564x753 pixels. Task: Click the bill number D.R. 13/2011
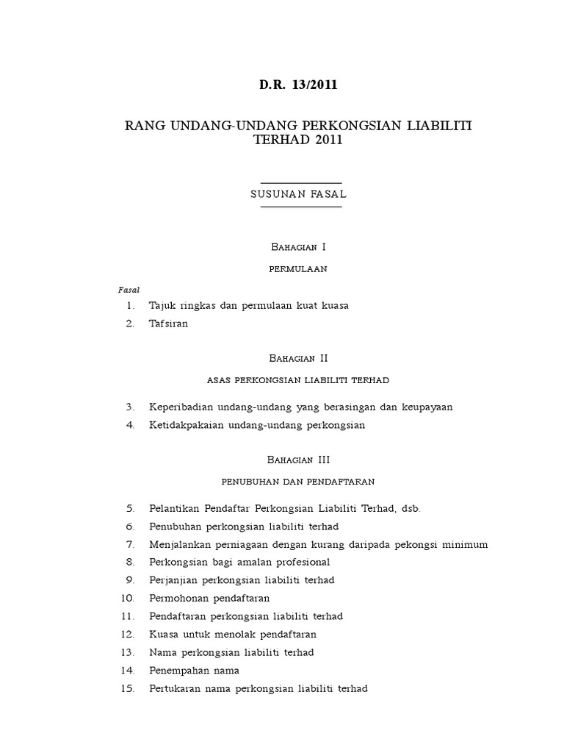point(298,85)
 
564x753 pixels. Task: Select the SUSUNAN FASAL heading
point(298,195)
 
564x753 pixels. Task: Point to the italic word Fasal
point(129,290)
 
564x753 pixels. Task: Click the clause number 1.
point(130,305)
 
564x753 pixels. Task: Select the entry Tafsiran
point(168,324)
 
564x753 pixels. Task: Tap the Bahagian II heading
point(298,358)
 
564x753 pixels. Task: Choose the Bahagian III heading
point(298,460)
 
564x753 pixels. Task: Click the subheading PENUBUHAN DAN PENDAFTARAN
point(298,482)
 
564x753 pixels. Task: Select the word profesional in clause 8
point(300,563)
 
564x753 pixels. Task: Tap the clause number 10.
point(128,598)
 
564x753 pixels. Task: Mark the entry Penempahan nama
point(194,671)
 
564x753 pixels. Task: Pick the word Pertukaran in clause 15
point(176,689)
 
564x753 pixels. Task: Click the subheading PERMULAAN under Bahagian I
point(298,269)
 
